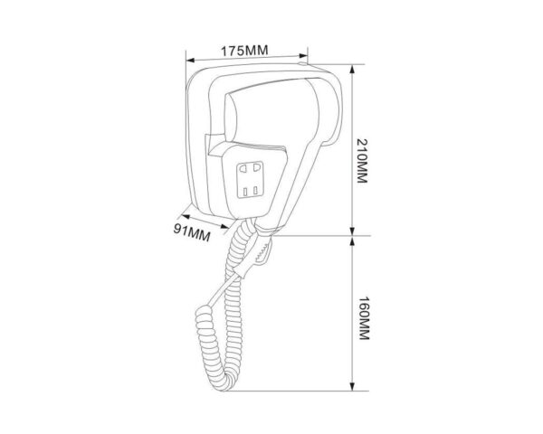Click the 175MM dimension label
(x=244, y=51)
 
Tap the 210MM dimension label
(x=362, y=161)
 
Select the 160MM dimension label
(x=364, y=318)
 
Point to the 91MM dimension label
(x=192, y=231)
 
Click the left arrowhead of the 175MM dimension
(x=190, y=61)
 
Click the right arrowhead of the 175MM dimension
(x=303, y=56)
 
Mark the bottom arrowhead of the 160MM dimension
(x=353, y=386)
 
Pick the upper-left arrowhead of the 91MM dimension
(x=186, y=217)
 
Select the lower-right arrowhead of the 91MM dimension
(x=224, y=227)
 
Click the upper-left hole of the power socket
(x=243, y=168)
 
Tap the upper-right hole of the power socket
(x=256, y=167)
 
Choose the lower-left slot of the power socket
(x=245, y=192)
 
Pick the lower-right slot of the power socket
(x=255, y=191)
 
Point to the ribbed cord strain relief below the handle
(x=262, y=250)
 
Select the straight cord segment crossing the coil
(x=224, y=289)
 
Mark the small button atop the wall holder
(x=302, y=63)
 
